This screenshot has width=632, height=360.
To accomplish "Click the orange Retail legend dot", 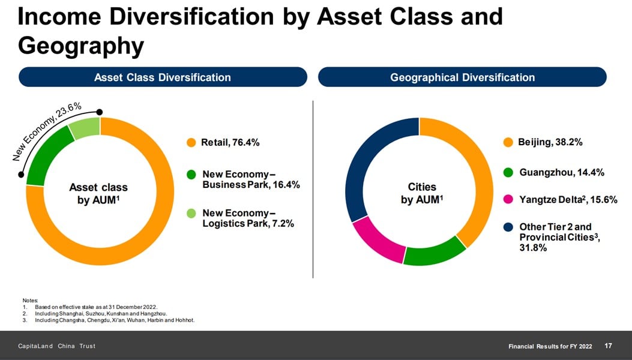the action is click(191, 142).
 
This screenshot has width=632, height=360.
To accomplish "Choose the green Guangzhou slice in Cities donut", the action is click(435, 253).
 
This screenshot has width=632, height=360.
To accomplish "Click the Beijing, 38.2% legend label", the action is click(550, 142).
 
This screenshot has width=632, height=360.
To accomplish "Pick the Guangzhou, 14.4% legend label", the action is click(562, 173).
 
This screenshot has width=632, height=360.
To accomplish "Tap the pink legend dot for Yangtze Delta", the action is click(508, 199).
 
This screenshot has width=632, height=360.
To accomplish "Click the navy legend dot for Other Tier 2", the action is click(508, 227).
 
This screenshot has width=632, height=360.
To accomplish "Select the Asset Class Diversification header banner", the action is click(163, 77).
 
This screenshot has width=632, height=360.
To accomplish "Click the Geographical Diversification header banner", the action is click(462, 77).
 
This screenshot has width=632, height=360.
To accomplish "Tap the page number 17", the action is click(608, 346).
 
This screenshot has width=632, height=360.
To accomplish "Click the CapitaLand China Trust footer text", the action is click(57, 346).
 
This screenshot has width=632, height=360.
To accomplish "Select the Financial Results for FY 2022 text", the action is click(550, 346).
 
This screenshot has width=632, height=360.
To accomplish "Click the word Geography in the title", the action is click(81, 46).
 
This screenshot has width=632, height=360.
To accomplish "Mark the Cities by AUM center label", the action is click(421, 193).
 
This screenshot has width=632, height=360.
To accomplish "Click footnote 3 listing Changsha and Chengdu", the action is click(109, 320).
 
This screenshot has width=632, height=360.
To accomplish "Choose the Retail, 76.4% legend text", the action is click(230, 142).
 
